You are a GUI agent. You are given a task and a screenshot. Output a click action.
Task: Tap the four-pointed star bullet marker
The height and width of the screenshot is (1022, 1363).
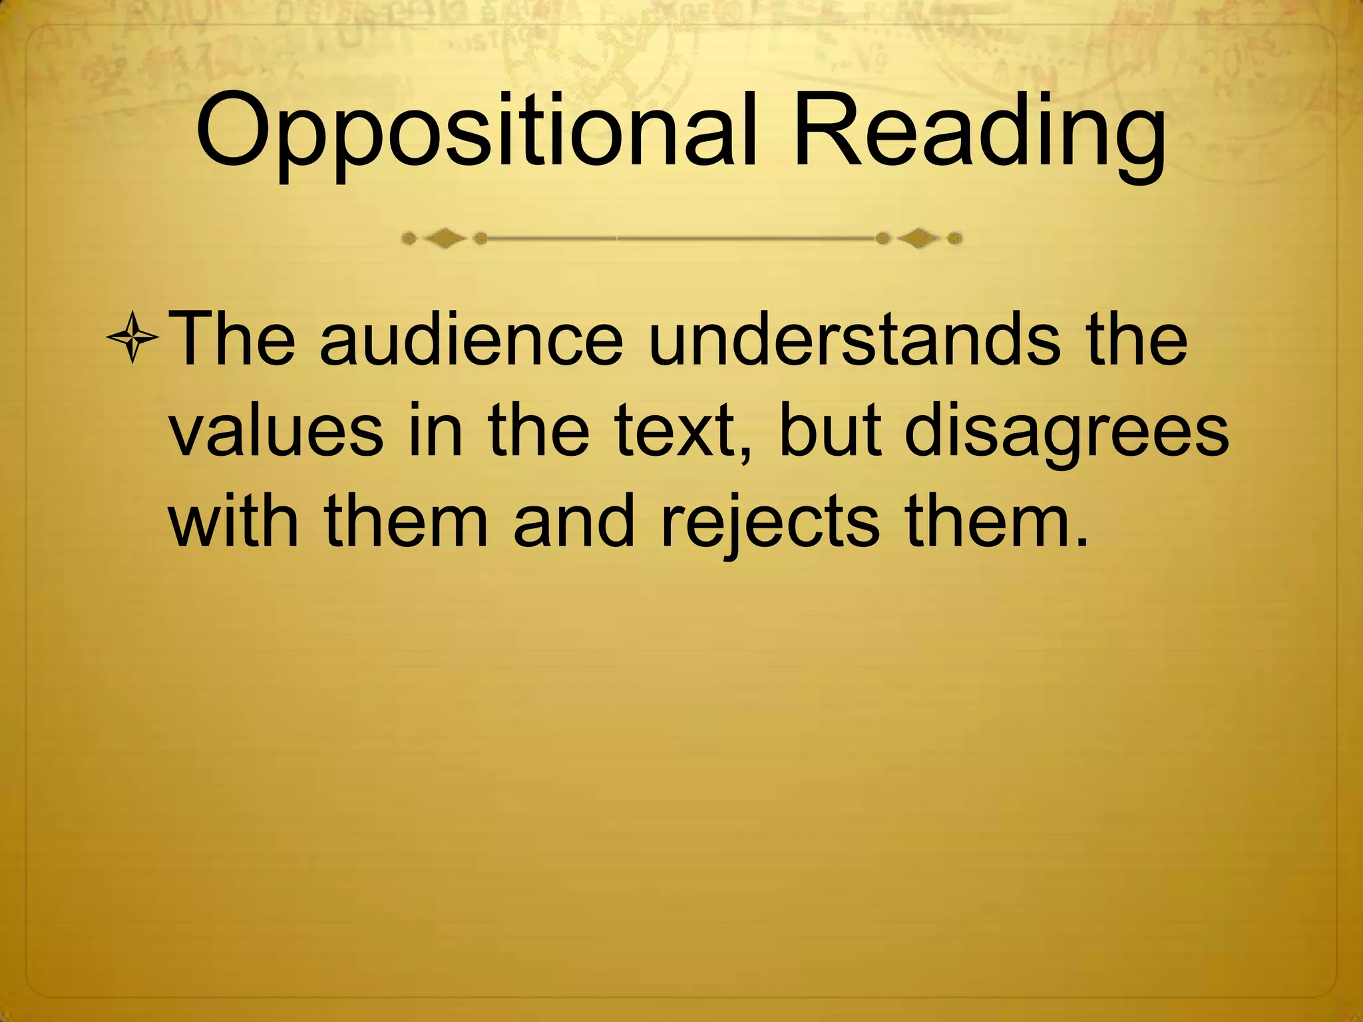coord(132,338)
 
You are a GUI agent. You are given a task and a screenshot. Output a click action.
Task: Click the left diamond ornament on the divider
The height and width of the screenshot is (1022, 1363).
coord(445,238)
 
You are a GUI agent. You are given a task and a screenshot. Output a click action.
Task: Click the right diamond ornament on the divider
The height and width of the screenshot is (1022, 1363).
coord(918,238)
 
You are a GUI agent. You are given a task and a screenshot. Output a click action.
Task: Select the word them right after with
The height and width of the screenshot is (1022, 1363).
coord(407,522)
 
